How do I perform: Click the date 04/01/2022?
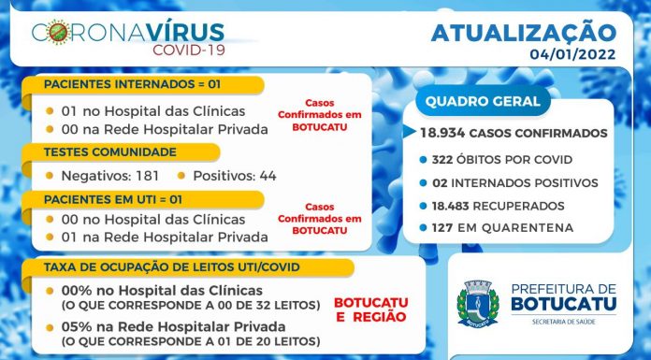(x=572, y=54)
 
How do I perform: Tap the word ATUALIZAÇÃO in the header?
(x=524, y=34)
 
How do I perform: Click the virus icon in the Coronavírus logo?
(x=58, y=32)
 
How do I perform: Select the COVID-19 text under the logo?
(x=189, y=50)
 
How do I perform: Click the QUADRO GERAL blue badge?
(x=483, y=101)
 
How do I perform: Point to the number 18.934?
(x=442, y=133)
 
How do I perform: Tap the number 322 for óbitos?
(x=441, y=160)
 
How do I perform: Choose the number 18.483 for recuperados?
(x=451, y=206)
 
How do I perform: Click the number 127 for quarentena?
(x=442, y=227)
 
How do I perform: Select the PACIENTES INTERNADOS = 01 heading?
(x=132, y=84)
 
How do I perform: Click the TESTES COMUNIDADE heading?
(x=110, y=152)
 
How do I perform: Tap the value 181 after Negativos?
(x=148, y=176)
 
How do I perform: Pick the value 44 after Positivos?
(x=268, y=176)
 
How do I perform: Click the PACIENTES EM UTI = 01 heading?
(x=113, y=199)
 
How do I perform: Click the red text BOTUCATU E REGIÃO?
(x=370, y=310)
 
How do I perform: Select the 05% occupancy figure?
(x=77, y=326)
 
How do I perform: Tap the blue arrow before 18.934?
(x=410, y=132)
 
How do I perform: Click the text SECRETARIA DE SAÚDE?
(x=564, y=322)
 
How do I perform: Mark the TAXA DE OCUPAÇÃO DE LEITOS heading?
(x=171, y=267)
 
